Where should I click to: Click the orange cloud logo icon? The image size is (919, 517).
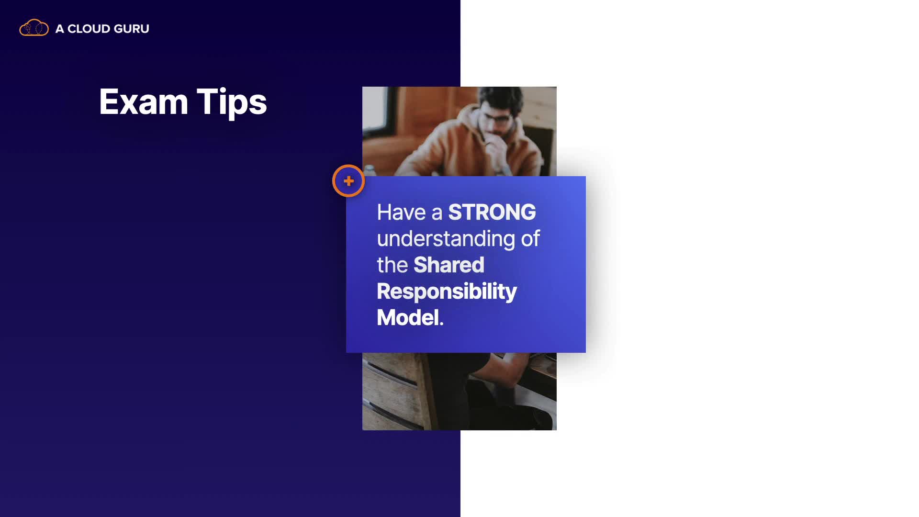[x=34, y=28]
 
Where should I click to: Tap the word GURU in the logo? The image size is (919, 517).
[x=132, y=29]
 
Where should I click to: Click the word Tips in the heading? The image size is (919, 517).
[x=232, y=102]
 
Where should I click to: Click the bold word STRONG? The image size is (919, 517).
[x=492, y=212]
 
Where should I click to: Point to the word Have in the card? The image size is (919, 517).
[x=401, y=212]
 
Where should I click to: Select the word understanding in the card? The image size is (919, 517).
[x=446, y=239]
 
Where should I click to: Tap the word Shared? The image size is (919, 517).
[x=449, y=265]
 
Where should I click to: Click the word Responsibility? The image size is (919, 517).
[x=447, y=292]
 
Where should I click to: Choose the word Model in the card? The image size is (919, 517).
[x=408, y=317]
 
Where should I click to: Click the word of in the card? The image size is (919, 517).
[x=530, y=238]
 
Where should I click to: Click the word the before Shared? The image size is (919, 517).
[x=392, y=265]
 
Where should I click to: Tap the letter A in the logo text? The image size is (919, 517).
[x=59, y=29]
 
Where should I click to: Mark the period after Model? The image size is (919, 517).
[x=441, y=324]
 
